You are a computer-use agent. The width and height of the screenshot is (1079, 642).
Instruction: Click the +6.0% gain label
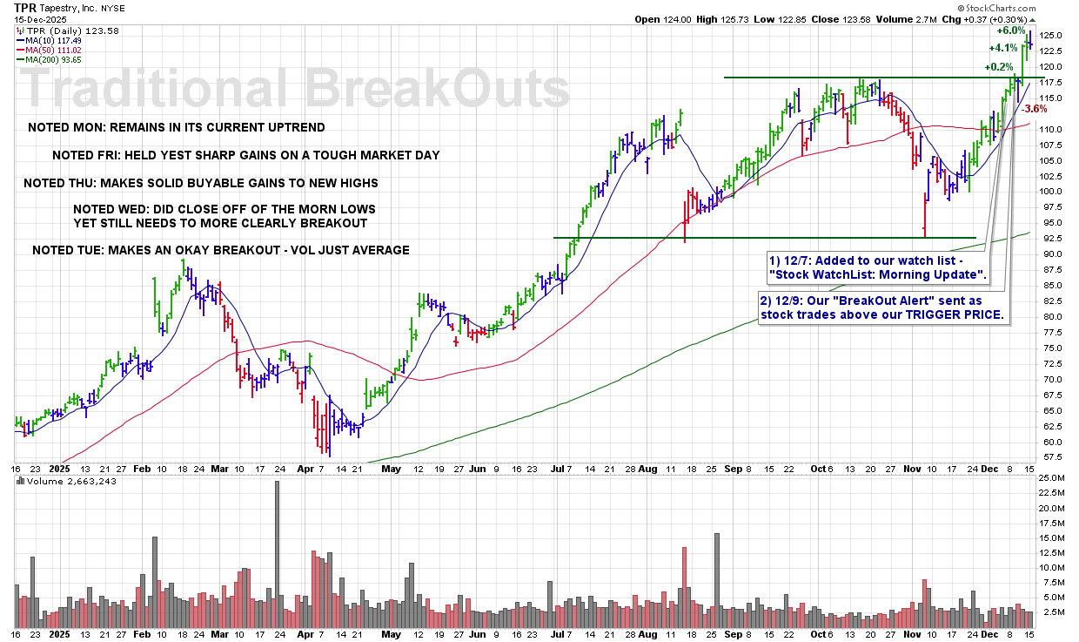pos(1011,30)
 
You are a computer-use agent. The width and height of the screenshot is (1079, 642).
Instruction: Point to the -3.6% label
pos(1033,109)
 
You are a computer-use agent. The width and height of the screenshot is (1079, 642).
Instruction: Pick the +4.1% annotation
pos(1003,48)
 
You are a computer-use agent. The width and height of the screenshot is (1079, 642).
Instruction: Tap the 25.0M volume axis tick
pos(1053,478)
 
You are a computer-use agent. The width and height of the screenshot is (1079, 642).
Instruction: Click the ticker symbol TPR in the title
pos(26,6)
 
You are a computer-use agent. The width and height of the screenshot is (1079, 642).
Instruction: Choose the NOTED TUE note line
pos(221,251)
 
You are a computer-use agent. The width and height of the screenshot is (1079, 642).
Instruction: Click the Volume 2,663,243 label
pos(60,481)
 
